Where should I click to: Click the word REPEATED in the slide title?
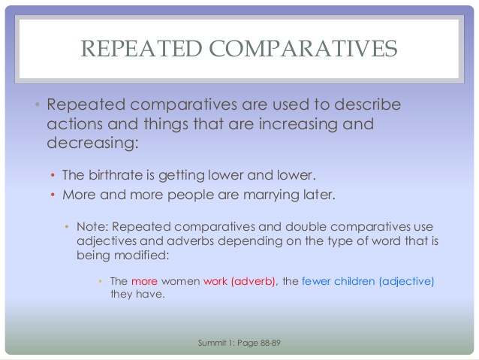(x=140, y=49)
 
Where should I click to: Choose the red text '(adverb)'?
(x=255, y=281)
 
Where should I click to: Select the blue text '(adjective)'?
(x=407, y=281)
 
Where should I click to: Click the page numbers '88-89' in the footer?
(x=269, y=343)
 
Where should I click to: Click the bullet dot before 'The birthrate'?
(x=53, y=176)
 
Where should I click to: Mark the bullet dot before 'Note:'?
(x=67, y=226)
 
